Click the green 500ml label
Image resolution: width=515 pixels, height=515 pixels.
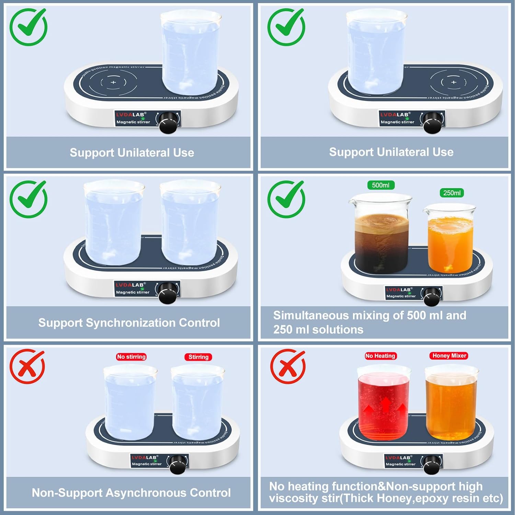click(x=380, y=185)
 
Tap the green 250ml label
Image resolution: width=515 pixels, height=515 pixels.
click(x=451, y=193)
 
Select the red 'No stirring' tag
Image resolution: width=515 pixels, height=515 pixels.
click(x=131, y=357)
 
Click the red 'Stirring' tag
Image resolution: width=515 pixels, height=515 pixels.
click(x=198, y=357)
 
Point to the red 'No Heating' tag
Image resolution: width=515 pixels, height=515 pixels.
click(x=380, y=356)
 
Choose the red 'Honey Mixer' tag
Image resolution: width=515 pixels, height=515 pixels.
click(x=449, y=356)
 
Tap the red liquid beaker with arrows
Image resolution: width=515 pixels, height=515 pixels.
click(x=384, y=405)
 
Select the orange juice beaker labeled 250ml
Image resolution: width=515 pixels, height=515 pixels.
click(x=450, y=240)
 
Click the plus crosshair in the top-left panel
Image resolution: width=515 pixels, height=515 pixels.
click(x=114, y=82)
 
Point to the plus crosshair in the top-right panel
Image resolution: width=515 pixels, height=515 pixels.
click(x=454, y=82)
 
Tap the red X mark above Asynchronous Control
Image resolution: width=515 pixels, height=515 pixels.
click(x=27, y=366)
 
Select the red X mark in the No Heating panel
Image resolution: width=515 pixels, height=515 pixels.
click(x=287, y=366)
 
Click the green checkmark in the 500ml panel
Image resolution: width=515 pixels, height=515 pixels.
click(x=286, y=199)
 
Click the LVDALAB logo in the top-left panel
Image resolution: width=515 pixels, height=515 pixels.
click(x=131, y=115)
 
